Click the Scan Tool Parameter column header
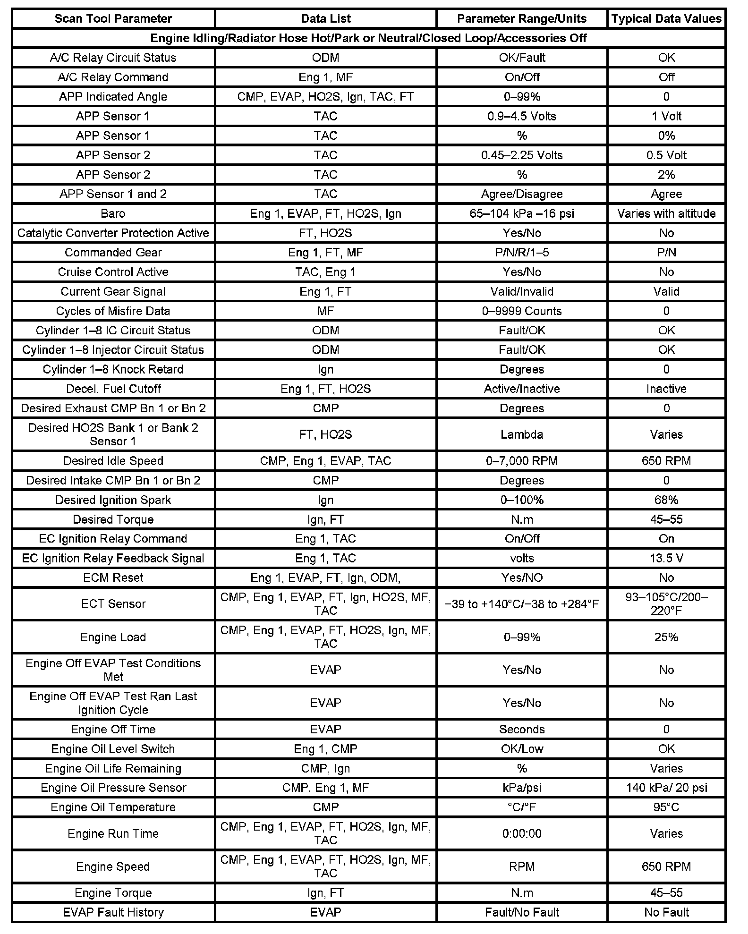click(113, 19)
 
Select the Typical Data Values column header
click(666, 19)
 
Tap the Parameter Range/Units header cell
click(522, 19)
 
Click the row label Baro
click(113, 213)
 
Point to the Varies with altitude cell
click(666, 213)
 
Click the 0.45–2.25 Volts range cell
click(522, 155)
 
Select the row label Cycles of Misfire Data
click(113, 311)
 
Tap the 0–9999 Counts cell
click(522, 311)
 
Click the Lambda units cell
click(522, 434)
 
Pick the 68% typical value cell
click(666, 500)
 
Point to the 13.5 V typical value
click(666, 558)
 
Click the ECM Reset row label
click(113, 577)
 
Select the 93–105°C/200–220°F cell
click(666, 604)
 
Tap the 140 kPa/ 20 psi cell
click(666, 788)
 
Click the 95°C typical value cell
click(666, 807)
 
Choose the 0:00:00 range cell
click(522, 833)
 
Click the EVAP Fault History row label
click(113, 912)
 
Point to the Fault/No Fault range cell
click(522, 912)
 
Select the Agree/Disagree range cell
click(522, 194)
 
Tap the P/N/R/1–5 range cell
click(522, 253)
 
